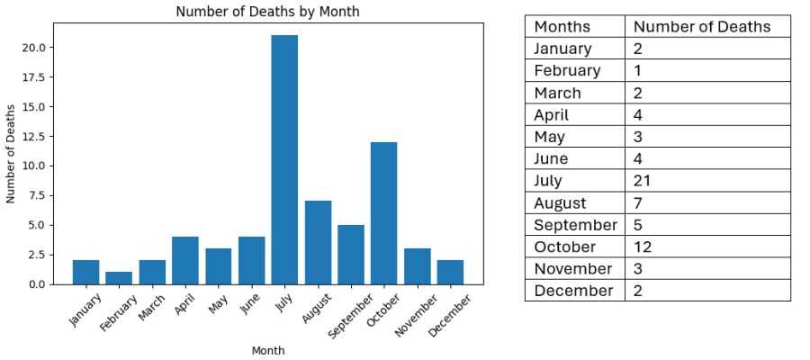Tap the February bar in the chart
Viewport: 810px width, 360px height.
[119, 278]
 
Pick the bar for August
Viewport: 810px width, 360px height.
[318, 243]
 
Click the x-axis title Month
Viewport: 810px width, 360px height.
[268, 350]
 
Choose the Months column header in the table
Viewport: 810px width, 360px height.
[562, 26]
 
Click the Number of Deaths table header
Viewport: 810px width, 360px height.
[702, 26]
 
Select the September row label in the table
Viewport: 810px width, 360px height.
[575, 225]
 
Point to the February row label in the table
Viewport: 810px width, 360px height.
[567, 70]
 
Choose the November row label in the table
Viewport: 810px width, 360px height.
[572, 268]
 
